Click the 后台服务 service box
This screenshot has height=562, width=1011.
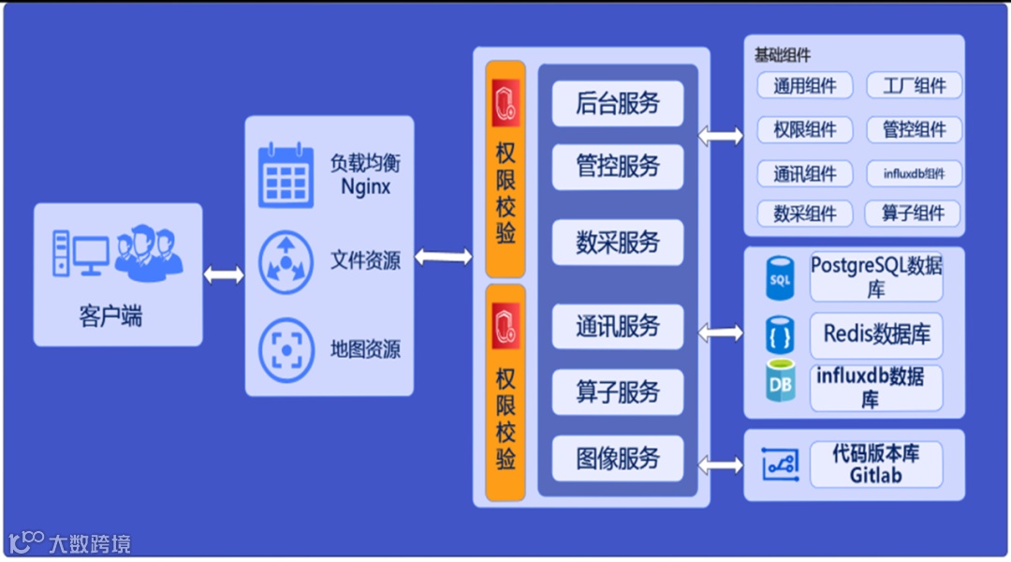[x=618, y=103]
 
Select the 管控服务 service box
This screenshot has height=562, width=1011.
[x=618, y=167]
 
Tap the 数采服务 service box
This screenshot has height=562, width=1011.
[x=618, y=243]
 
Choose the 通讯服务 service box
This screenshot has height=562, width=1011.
[x=618, y=327]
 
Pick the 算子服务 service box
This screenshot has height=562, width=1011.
[x=618, y=392]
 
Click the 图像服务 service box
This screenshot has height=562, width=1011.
[x=618, y=458]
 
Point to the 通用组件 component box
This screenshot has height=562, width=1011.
[x=804, y=86]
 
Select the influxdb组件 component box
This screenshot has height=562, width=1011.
[x=914, y=173]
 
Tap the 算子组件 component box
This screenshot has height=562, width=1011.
[x=914, y=214]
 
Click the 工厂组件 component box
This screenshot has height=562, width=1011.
[x=914, y=86]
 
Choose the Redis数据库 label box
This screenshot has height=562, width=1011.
[x=876, y=333]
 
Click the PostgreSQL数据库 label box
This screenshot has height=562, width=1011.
[x=876, y=276]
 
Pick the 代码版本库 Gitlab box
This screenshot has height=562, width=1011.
[x=876, y=465]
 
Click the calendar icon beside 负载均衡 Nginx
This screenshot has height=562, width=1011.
[x=286, y=174]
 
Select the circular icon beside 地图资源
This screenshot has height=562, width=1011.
[x=286, y=348]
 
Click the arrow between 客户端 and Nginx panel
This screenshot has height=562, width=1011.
[x=224, y=274]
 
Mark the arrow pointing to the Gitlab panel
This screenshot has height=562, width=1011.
[x=721, y=465]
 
